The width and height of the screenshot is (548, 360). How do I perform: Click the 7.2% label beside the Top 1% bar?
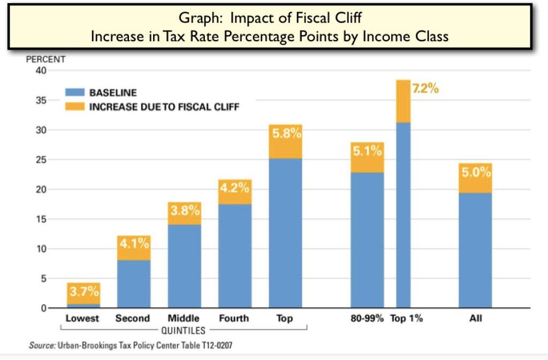tap(425, 89)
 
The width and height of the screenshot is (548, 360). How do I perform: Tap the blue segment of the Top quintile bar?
tap(285, 233)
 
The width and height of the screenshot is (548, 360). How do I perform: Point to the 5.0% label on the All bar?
tap(475, 173)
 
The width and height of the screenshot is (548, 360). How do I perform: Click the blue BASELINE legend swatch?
tap(74, 93)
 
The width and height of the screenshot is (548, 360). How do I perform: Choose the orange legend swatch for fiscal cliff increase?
tap(74, 106)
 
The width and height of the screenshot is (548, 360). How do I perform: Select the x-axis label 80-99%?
tap(367, 318)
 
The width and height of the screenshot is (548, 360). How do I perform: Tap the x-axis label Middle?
tap(184, 318)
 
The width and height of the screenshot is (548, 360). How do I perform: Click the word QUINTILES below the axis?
tap(183, 331)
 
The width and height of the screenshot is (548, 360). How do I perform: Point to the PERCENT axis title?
tap(45, 59)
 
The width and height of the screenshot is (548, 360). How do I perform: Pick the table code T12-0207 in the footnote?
tap(214, 346)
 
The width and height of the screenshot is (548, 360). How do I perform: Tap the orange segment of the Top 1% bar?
tap(403, 102)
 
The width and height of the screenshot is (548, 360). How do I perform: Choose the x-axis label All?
tap(475, 318)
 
